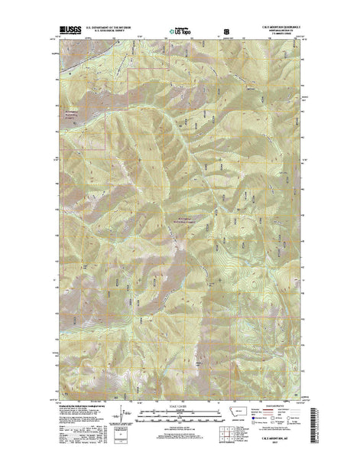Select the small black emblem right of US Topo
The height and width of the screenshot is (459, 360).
(x=226, y=30)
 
